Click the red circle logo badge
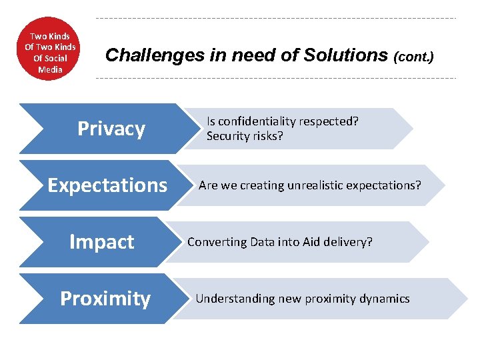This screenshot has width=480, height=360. pyautogui.click(x=50, y=49)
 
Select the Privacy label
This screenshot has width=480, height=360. pyautogui.click(x=111, y=129)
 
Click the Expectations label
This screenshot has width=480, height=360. pyautogui.click(x=107, y=185)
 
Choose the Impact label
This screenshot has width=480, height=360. pyautogui.click(x=101, y=242)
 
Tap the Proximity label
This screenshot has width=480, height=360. pyautogui.click(x=105, y=299)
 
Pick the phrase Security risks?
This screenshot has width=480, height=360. pyautogui.click(x=245, y=136)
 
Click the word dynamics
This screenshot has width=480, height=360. pyautogui.click(x=385, y=299)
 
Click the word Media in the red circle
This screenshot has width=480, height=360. pyautogui.click(x=50, y=69)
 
